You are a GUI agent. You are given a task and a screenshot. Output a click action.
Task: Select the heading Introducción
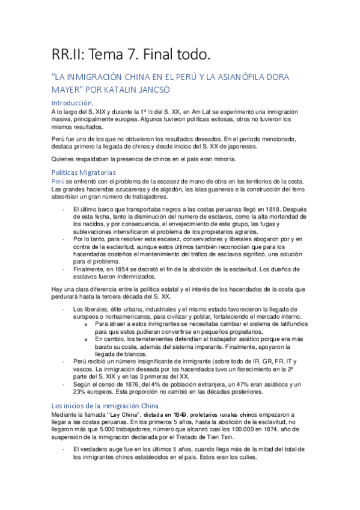72,103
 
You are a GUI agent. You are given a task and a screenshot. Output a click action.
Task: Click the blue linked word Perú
58,182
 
